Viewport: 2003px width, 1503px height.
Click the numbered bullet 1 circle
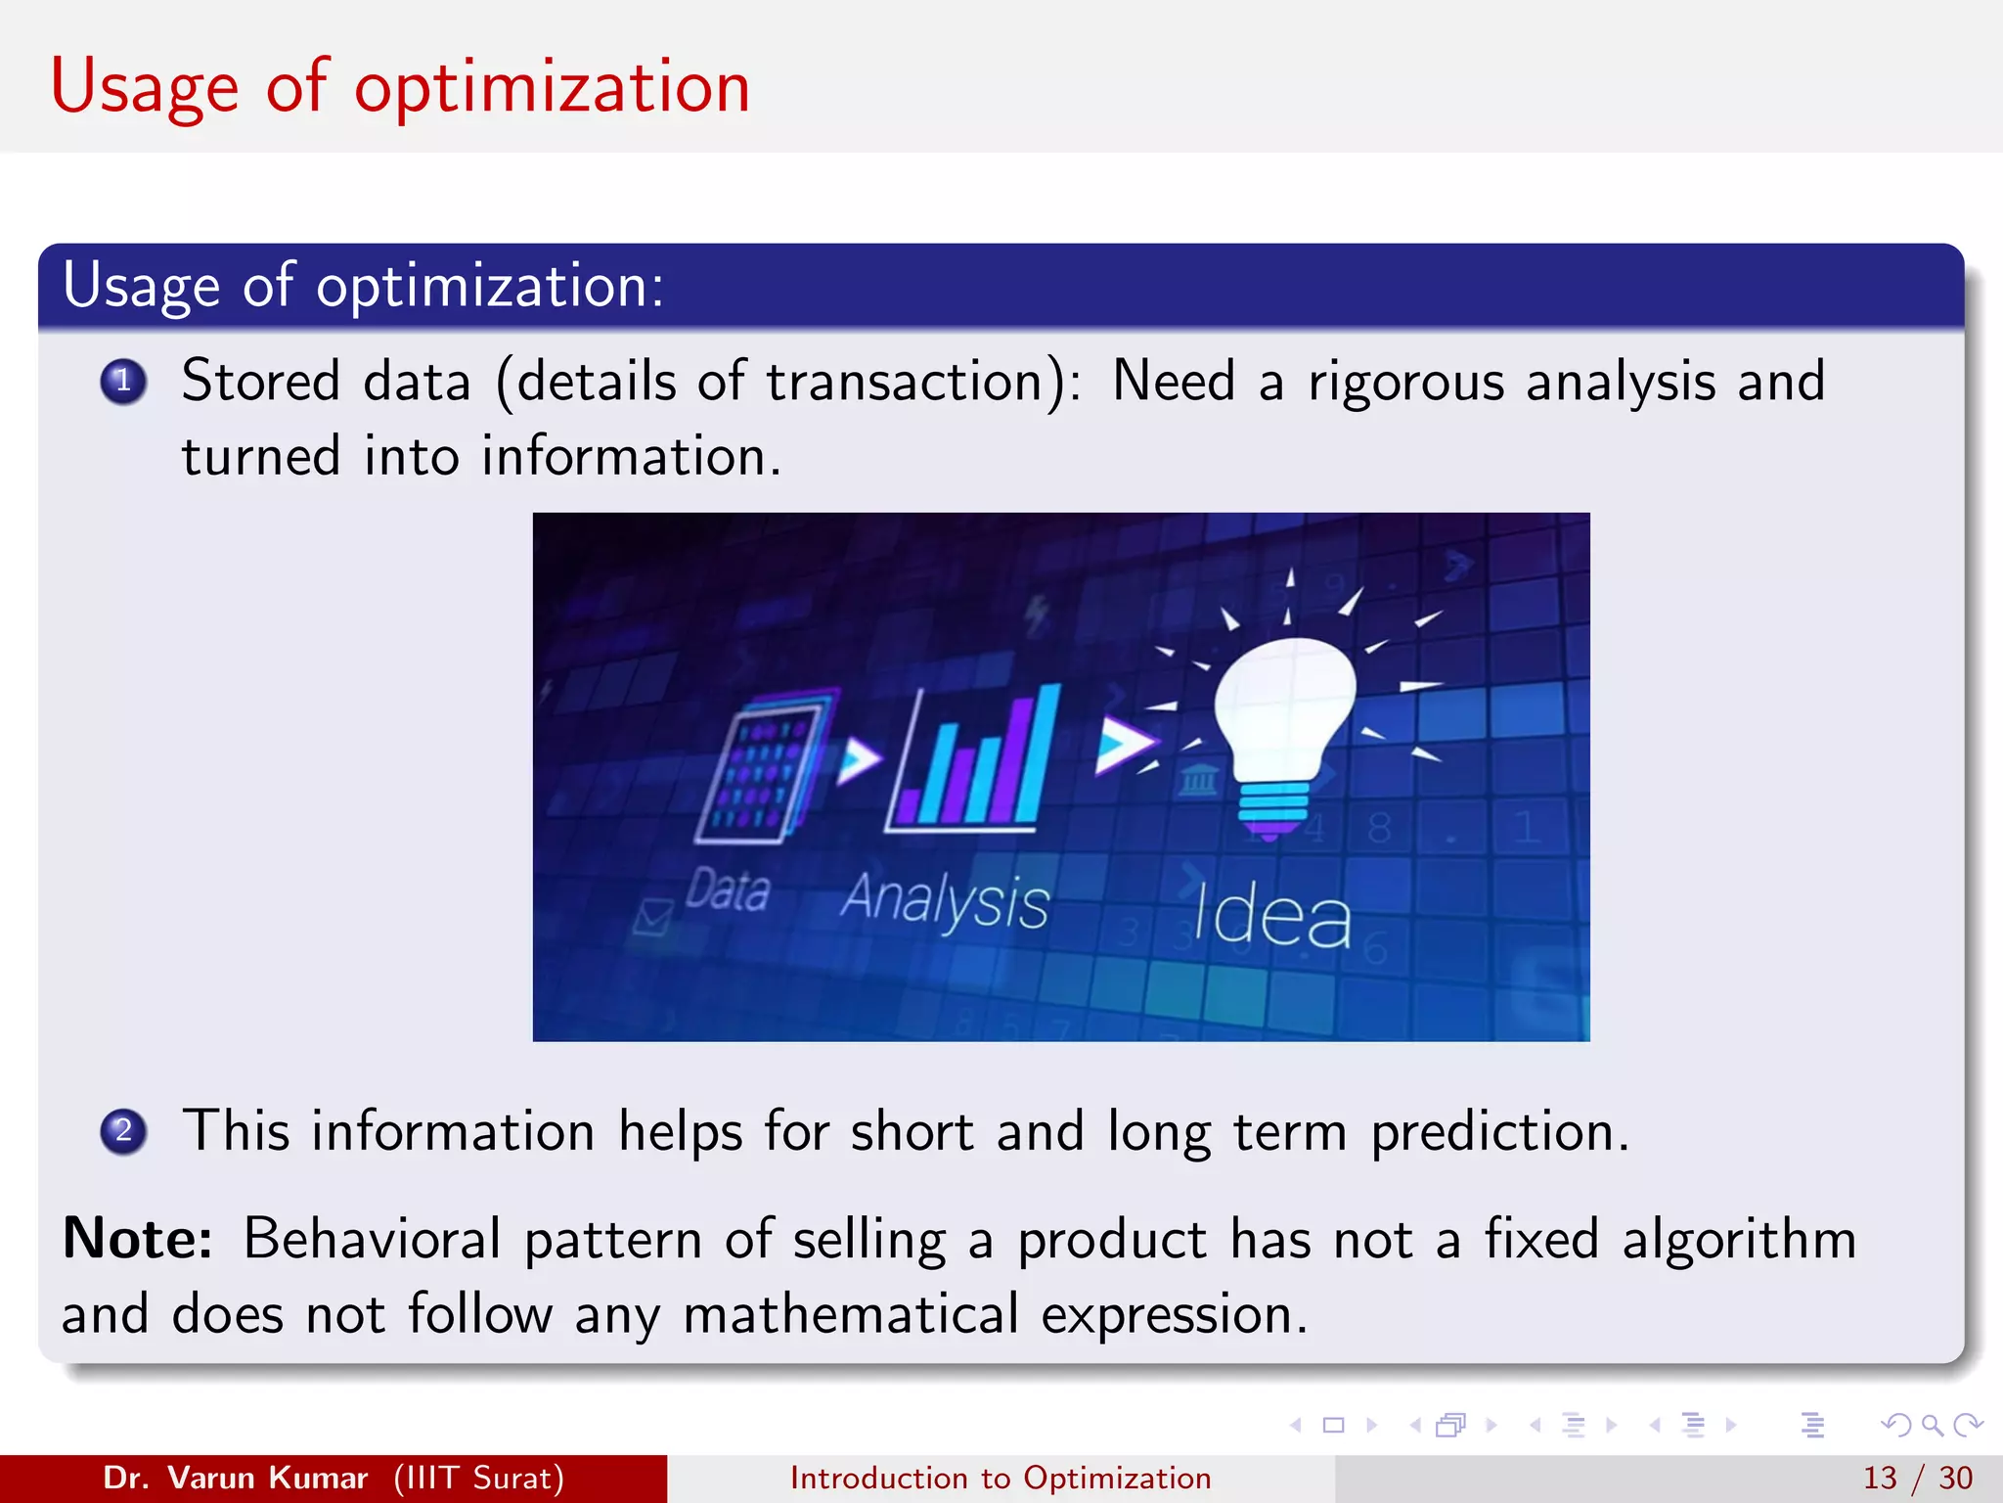coord(123,382)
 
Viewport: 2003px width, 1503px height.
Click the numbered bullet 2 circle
coord(123,1132)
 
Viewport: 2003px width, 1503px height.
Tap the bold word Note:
coord(137,1239)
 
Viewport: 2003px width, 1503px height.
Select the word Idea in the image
coord(1271,916)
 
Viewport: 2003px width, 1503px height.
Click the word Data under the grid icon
coord(727,890)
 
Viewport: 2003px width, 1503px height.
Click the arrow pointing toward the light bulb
coord(1123,745)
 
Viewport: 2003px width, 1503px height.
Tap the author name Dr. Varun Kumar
coord(235,1478)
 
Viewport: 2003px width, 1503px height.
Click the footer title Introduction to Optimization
coord(1001,1478)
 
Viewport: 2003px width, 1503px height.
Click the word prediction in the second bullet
coord(1498,1132)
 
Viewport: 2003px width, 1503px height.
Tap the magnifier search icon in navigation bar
coord(1932,1426)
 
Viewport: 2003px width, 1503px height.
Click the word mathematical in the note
coord(851,1314)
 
